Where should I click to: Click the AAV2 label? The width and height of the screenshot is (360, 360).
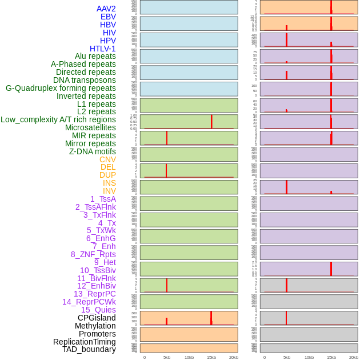(106, 9)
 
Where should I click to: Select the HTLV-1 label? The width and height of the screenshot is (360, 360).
(103, 49)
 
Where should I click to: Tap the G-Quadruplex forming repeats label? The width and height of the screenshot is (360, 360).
(61, 88)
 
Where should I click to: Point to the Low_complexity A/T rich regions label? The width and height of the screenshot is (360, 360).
(58, 119)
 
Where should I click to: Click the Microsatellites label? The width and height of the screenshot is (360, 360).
(90, 127)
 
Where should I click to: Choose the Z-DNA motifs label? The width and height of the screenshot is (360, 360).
(93, 151)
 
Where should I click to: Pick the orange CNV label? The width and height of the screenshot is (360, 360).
(107, 159)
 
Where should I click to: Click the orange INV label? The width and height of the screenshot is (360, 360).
(109, 191)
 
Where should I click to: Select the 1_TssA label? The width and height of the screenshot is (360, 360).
(103, 199)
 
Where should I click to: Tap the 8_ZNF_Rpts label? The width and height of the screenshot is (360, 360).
(93, 254)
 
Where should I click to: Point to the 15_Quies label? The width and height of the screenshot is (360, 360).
(98, 310)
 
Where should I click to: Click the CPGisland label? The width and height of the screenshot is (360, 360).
(97, 318)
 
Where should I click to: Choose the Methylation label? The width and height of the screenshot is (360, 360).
(95, 326)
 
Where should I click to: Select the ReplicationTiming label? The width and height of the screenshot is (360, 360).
(85, 342)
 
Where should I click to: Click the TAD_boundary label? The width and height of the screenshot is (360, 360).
(89, 349)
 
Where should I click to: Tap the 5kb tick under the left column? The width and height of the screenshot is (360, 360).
(167, 357)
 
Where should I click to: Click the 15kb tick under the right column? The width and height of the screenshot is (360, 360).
(331, 357)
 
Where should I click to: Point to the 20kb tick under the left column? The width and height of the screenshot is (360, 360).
(234, 357)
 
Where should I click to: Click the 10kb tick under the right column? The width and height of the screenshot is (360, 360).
(309, 357)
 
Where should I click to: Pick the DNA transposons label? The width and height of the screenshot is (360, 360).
(85, 80)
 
